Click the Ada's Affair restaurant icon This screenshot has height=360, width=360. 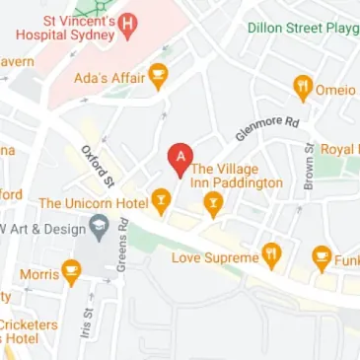158,76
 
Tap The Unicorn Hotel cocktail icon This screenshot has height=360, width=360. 161,201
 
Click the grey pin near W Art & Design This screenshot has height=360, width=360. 99,230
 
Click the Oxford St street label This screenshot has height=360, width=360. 98,166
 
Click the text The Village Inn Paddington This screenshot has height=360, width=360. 237,175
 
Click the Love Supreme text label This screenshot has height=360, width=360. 214,258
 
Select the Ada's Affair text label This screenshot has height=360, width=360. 108,77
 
